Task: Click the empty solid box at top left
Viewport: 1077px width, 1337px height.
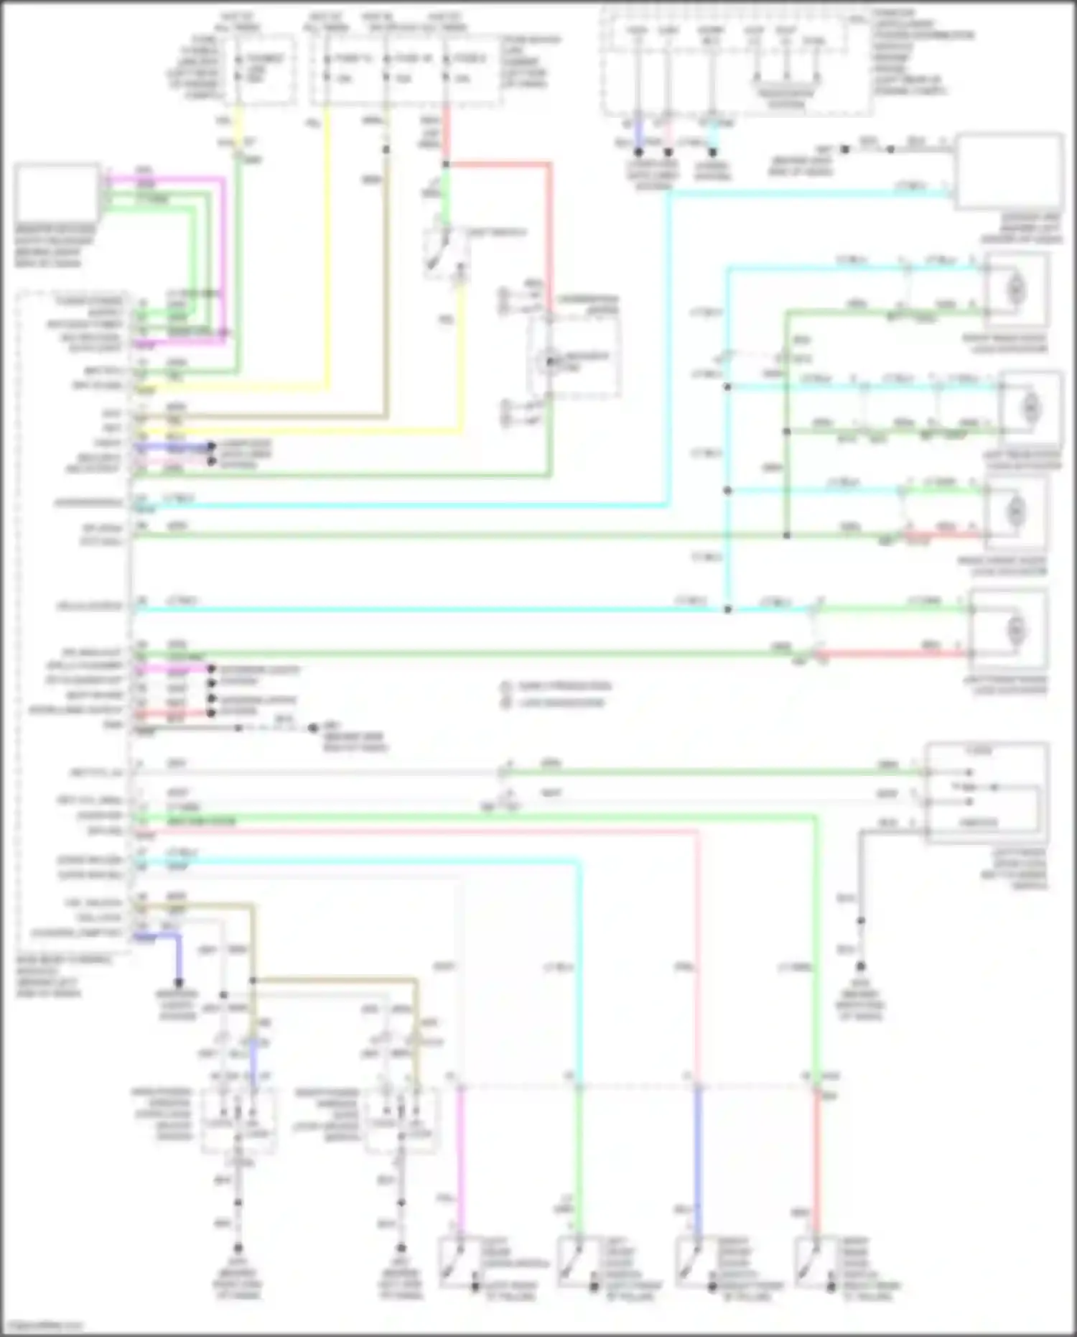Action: tap(57, 193)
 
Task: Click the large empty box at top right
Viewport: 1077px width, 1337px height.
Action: tap(1008, 171)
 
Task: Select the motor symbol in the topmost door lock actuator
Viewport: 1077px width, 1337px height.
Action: tap(1015, 289)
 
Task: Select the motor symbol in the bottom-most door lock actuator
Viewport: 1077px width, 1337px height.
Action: tap(1015, 631)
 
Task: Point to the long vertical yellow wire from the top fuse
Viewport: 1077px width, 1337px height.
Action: tap(327, 251)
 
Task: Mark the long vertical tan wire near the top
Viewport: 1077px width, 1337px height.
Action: tap(386, 287)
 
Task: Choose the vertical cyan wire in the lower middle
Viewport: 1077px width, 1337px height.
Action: tap(579, 970)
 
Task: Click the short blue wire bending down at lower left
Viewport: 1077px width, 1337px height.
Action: tap(178, 956)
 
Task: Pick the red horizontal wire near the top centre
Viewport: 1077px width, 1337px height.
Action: tap(503, 165)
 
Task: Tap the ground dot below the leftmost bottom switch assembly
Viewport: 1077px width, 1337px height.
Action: tap(238, 1248)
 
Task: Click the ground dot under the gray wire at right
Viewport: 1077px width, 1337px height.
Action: tap(860, 966)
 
